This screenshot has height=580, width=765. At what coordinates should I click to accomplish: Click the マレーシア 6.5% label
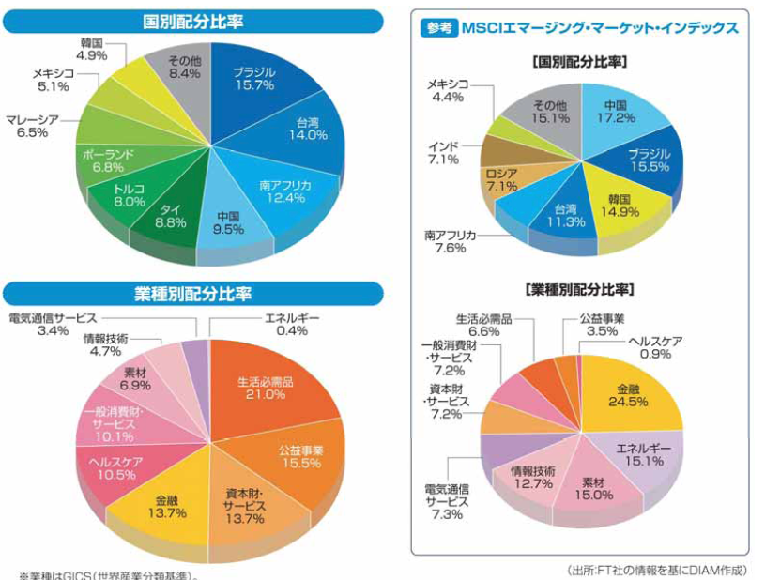click(32, 127)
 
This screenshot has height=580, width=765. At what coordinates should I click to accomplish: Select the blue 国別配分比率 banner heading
click(192, 20)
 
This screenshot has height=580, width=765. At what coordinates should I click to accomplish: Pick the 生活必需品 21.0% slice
click(268, 388)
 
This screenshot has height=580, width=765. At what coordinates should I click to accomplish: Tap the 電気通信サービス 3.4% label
click(52, 324)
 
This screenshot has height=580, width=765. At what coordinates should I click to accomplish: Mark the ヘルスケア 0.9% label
click(655, 346)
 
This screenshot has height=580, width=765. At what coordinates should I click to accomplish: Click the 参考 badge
click(438, 29)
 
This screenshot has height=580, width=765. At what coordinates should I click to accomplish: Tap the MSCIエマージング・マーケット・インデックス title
click(600, 29)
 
